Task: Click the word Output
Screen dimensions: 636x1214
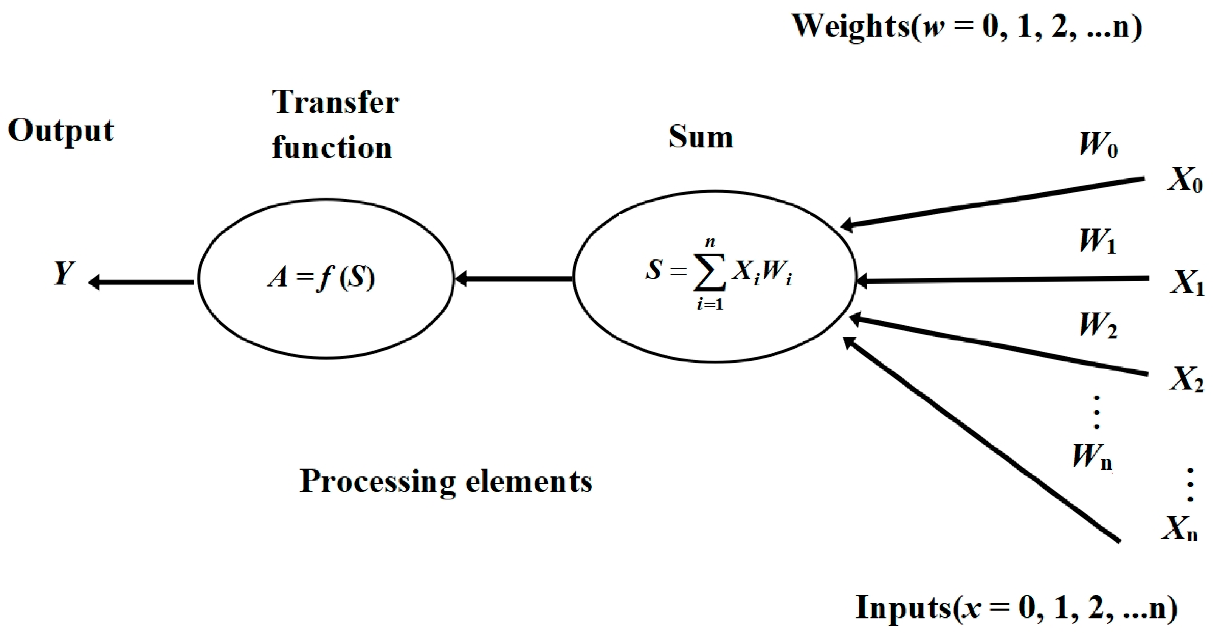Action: [61, 130]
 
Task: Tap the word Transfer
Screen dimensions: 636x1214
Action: [335, 102]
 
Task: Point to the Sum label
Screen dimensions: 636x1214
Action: [701, 137]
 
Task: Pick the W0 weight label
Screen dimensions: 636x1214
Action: [1098, 145]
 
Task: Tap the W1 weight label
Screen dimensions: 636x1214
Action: [1097, 241]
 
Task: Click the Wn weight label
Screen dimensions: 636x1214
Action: [1092, 456]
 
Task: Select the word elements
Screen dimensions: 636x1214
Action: [529, 482]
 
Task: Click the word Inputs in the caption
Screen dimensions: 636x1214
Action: [904, 608]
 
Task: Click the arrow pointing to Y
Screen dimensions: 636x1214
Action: [141, 282]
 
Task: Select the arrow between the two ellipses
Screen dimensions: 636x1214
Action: [514, 279]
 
